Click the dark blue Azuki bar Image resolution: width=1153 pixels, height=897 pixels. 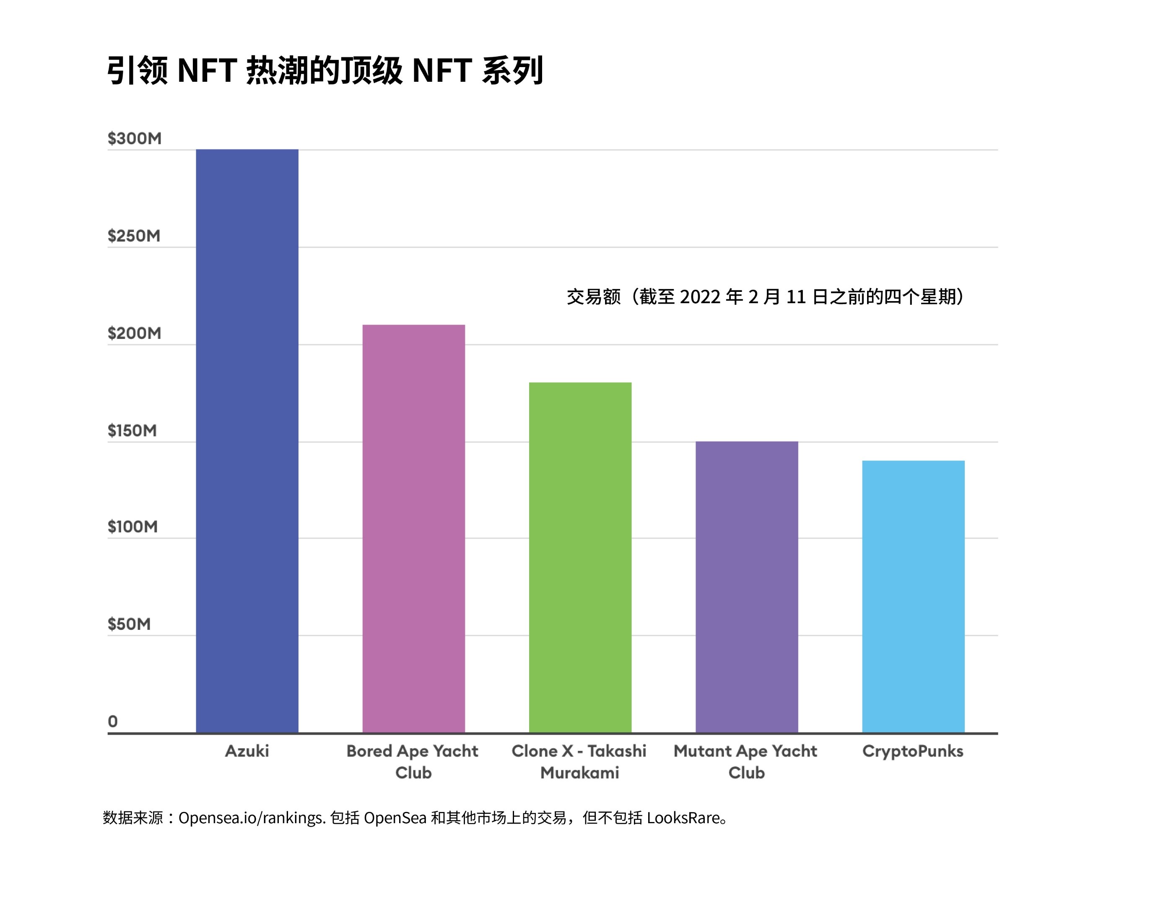pos(247,441)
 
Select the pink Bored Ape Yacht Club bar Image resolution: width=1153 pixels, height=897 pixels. pos(413,528)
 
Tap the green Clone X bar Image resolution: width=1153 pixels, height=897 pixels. pos(580,557)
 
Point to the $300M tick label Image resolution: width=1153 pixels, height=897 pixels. pos(135,138)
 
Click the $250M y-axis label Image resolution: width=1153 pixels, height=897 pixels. pos(134,236)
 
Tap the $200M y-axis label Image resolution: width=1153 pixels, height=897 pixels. pos(134,333)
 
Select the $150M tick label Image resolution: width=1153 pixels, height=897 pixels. pos(132,430)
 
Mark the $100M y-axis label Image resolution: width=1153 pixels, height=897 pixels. pos(132,526)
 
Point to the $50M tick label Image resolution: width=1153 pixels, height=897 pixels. pos(129,624)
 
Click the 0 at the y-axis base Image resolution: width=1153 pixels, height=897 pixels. pos(112,721)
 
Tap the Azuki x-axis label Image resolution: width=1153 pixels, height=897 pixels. pos(247,751)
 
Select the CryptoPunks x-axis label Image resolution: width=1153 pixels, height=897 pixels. pos(913,751)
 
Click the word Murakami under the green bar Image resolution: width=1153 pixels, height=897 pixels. pos(580,772)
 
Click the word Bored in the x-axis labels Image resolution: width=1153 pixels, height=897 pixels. pos(369,751)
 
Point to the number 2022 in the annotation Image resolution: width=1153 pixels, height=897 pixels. pos(700,297)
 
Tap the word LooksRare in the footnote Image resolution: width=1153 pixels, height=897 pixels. pos(683,818)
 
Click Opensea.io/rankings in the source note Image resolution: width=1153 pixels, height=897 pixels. pos(251,818)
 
